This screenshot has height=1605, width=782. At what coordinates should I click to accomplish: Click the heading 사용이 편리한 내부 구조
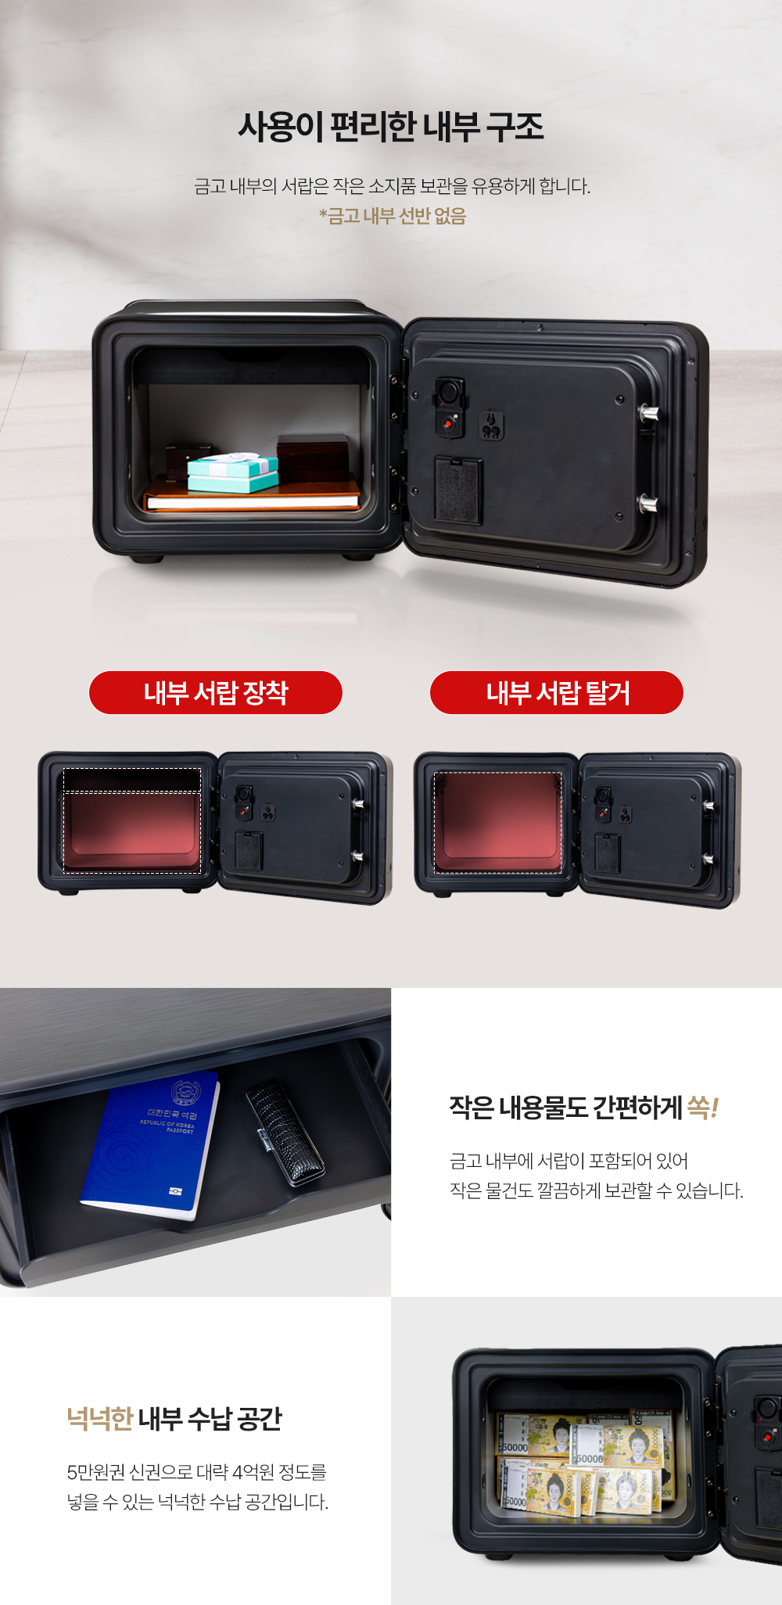click(391, 127)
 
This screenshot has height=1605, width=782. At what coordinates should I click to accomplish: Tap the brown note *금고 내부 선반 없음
click(393, 216)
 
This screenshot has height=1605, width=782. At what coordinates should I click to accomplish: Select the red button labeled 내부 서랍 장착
click(216, 692)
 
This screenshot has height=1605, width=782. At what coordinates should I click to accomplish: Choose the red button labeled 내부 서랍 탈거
click(557, 692)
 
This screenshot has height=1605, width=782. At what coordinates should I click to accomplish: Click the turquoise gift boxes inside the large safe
click(233, 473)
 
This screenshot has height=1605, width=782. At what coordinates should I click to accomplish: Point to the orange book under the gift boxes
click(252, 496)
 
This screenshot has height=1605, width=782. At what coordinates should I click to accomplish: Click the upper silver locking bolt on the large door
click(648, 413)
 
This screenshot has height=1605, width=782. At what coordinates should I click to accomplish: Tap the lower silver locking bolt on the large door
click(648, 503)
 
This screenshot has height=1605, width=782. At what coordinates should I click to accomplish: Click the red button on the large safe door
click(448, 423)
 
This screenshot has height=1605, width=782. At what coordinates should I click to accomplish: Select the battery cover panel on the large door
click(458, 490)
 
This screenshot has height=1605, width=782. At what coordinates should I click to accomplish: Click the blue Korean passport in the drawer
click(150, 1145)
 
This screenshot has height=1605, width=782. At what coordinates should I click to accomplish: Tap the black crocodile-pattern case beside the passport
click(285, 1129)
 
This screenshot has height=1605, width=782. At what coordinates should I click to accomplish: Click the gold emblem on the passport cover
click(186, 1092)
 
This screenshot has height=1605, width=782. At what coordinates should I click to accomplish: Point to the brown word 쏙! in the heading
click(702, 1107)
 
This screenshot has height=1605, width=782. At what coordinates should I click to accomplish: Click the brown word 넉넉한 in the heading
click(100, 1418)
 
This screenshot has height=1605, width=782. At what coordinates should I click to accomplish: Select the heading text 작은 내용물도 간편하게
click(565, 1108)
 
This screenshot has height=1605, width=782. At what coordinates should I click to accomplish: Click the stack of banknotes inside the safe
click(585, 1463)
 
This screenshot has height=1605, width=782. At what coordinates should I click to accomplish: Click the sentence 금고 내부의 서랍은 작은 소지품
click(392, 186)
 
